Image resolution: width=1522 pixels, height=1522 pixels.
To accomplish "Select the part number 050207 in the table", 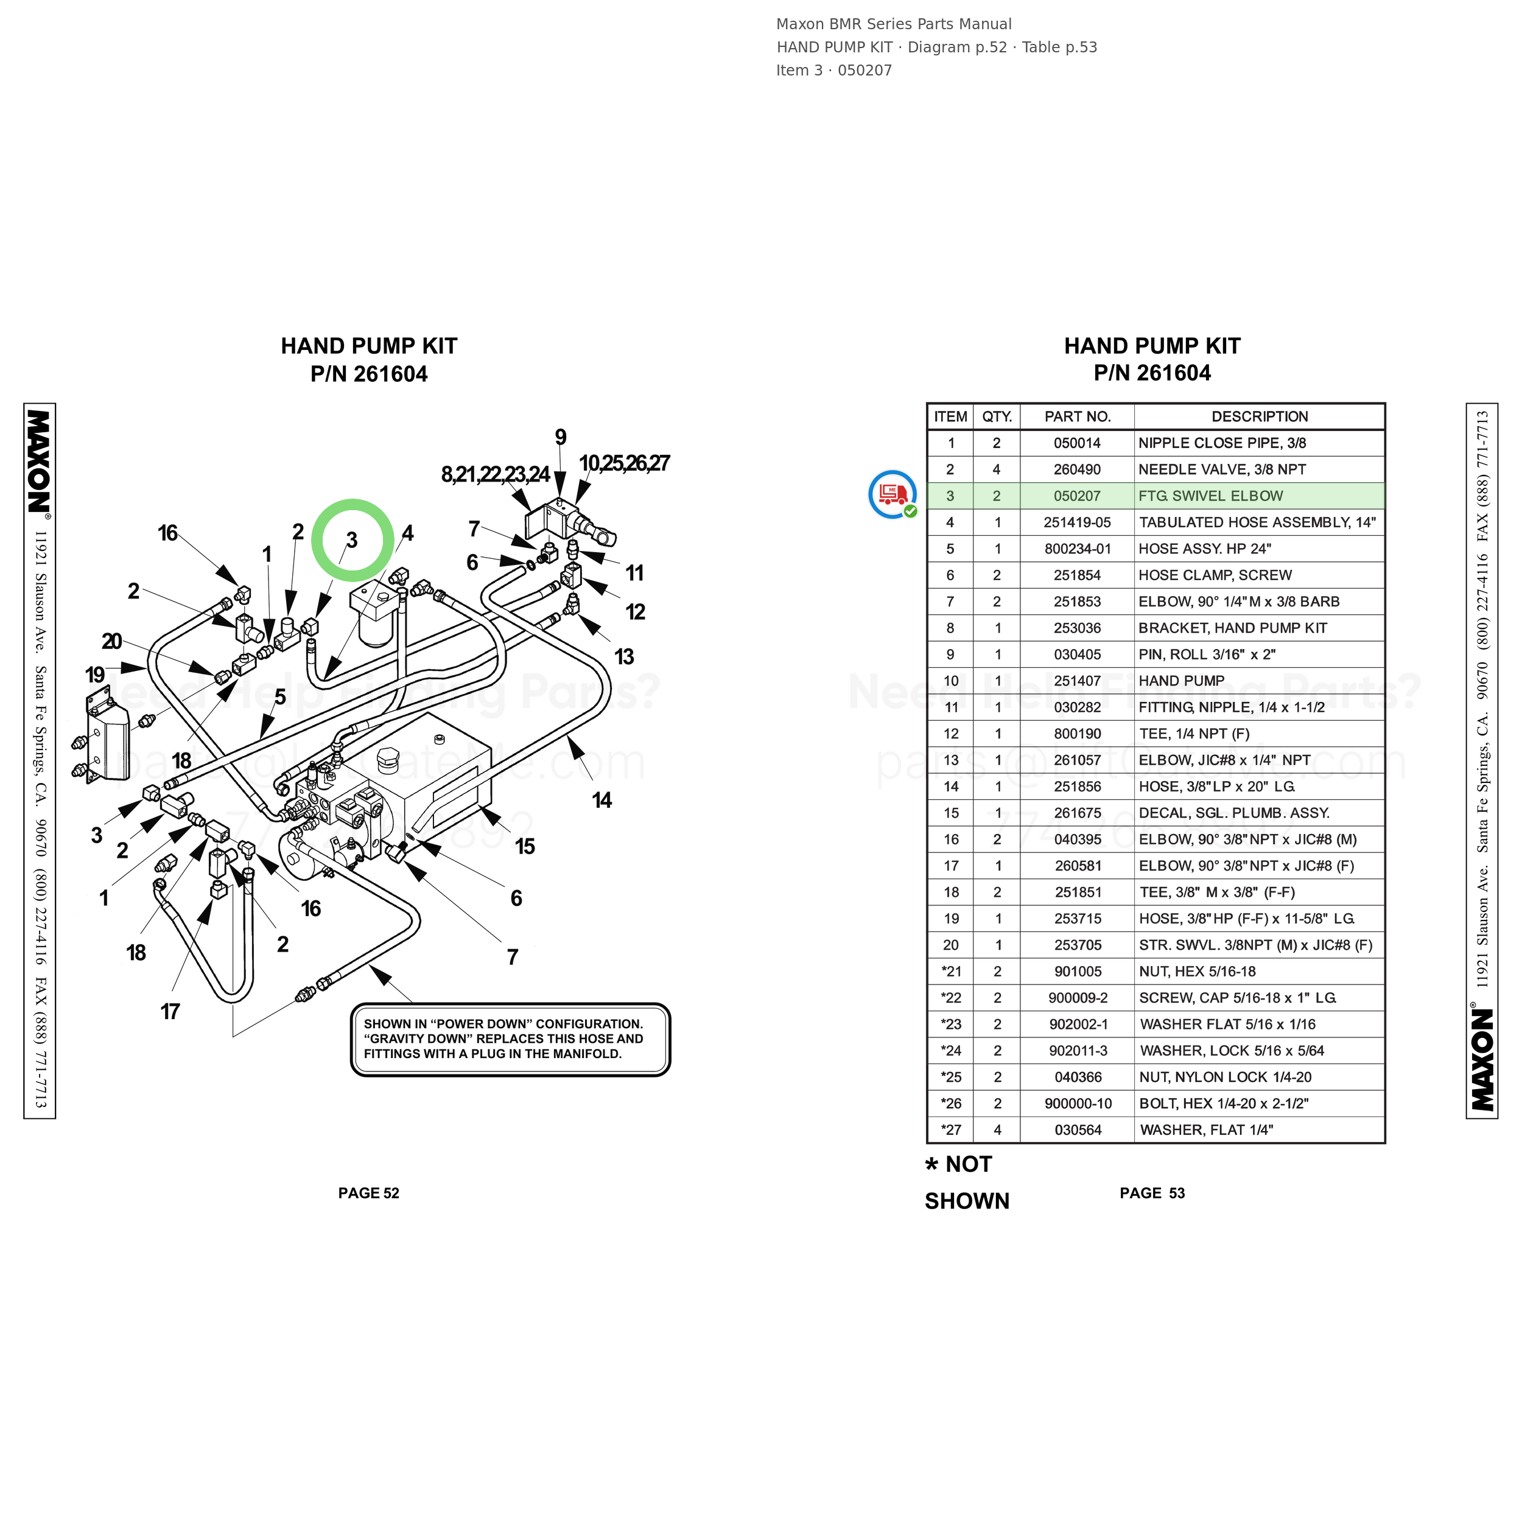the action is [1077, 496].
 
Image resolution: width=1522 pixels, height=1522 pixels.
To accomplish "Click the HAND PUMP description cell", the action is [1181, 681].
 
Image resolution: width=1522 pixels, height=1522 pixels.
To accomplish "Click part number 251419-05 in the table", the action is [1077, 522].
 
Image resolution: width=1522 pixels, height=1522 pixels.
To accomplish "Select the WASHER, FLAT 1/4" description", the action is [1206, 1130].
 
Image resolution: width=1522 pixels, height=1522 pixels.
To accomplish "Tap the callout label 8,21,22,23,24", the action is [495, 474].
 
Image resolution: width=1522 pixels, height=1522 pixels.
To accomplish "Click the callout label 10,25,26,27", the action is [624, 463].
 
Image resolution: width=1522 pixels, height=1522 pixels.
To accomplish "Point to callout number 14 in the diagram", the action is [602, 801].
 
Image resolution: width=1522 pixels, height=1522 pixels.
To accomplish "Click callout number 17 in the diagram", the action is [170, 1011].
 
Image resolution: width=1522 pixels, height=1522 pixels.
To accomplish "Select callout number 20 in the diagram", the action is [112, 641].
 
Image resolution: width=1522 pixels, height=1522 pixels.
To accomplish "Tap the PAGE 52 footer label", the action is [369, 1193].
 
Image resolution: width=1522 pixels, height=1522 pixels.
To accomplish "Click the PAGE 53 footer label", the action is [1152, 1193].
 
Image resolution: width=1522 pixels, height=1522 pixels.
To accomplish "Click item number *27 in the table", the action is [951, 1130].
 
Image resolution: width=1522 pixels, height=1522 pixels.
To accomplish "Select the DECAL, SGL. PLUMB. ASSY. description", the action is [1233, 813].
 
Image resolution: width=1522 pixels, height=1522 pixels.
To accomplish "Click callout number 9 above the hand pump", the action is [560, 437].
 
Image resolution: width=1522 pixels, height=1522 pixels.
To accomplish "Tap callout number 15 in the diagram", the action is [525, 846].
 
